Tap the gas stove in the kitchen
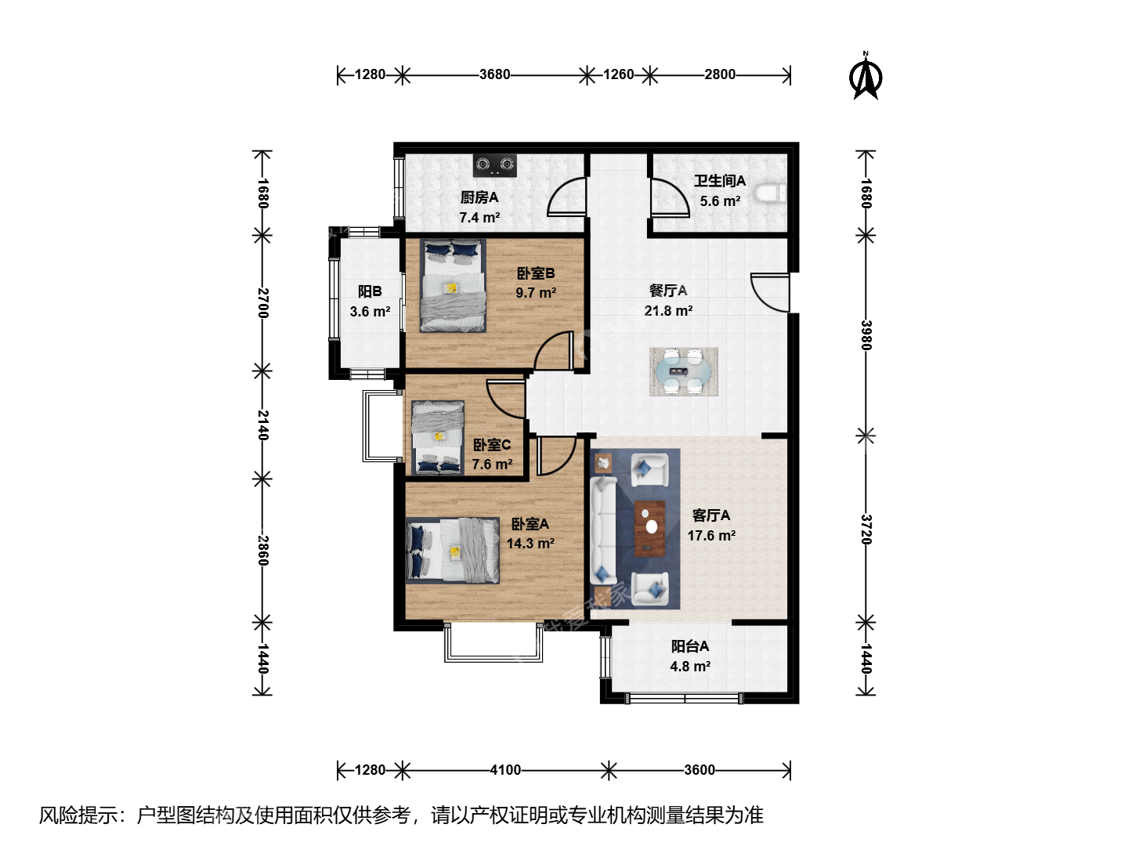pyautogui.click(x=495, y=164)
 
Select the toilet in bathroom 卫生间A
pyautogui.click(x=770, y=193)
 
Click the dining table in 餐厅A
pyautogui.click(x=684, y=371)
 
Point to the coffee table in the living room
pyautogui.click(x=649, y=528)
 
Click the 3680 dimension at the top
pyautogui.click(x=494, y=74)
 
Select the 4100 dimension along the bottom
pyautogui.click(x=505, y=769)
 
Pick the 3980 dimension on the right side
pyautogui.click(x=866, y=335)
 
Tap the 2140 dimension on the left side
pyautogui.click(x=262, y=425)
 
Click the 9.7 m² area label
pyautogui.click(x=536, y=293)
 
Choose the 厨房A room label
pyautogui.click(x=479, y=197)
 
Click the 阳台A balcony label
pyautogui.click(x=689, y=646)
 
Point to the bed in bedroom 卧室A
pyautogui.click(x=453, y=550)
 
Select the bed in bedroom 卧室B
pyautogui.click(x=453, y=285)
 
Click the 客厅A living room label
pyautogui.click(x=710, y=515)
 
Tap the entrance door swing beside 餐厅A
pyautogui.click(x=770, y=292)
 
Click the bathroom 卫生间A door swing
pyautogui.click(x=670, y=197)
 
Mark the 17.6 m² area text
pyautogui.click(x=711, y=536)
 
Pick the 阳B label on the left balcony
pyautogui.click(x=370, y=291)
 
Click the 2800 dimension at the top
pyautogui.click(x=719, y=74)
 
